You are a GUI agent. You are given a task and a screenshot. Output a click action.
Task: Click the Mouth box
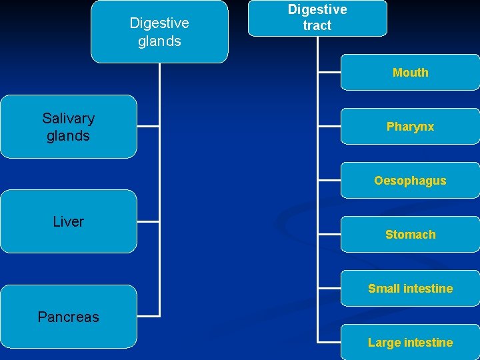pos(410,72)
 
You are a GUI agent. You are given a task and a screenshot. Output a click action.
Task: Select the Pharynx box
pos(410,126)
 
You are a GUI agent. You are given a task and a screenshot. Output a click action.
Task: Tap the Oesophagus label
pos(410,181)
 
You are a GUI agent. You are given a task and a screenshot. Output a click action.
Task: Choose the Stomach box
pos(410,234)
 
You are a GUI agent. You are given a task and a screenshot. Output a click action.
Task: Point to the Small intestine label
pos(410,289)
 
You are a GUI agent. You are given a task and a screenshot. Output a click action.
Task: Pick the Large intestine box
pos(410,343)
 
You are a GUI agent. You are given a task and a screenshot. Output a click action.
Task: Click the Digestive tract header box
pos(317,18)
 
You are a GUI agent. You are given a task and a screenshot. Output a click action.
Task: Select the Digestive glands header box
pos(159,31)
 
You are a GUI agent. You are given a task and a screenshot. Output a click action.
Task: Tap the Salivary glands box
pos(68,127)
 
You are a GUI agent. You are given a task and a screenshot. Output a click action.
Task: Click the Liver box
pos(68,221)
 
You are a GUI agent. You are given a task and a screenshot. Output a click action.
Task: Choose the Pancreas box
pos(68,317)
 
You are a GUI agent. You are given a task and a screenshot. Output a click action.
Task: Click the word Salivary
pos(68,118)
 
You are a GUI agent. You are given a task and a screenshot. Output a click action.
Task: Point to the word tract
pos(317,26)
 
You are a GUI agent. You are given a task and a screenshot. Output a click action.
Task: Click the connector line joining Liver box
pos(148,221)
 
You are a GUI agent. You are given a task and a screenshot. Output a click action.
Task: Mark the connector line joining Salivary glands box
pos(148,125)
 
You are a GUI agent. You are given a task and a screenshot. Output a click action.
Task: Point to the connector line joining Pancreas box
pos(148,315)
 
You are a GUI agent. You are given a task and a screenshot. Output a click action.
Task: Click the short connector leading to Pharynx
pos(329,126)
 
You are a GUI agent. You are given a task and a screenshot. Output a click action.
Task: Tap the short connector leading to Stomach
pos(329,234)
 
